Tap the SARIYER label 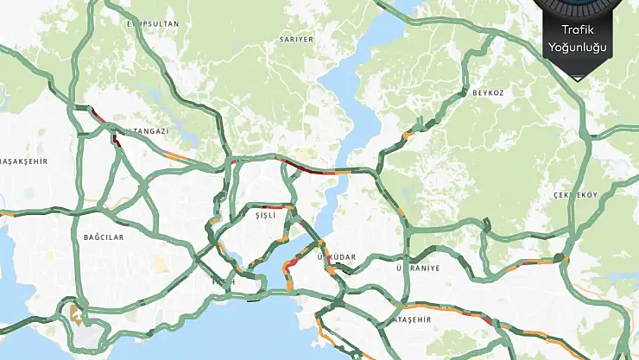point(295,40)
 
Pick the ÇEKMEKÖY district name point(575,195)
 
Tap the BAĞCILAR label point(104,237)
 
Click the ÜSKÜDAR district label point(337,258)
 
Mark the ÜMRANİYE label point(417,268)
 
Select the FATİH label point(223,282)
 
